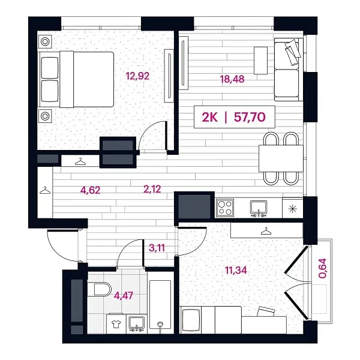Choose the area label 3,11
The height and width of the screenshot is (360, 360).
pyautogui.click(x=157, y=245)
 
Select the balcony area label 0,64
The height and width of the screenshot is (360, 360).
pyautogui.click(x=323, y=267)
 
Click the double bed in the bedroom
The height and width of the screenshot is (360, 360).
pyautogui.click(x=76, y=79)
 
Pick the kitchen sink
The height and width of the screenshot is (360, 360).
pyautogui.click(x=259, y=208)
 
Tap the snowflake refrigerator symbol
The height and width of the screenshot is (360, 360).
pyautogui.click(x=292, y=208)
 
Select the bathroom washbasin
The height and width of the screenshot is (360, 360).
pyautogui.click(x=137, y=323)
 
